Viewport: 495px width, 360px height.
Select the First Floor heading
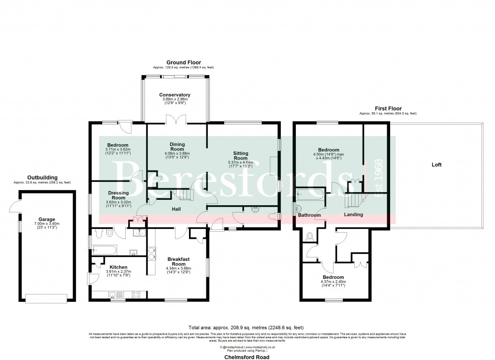388,108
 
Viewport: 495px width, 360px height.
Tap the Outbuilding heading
42,178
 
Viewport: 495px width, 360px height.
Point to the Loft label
437,165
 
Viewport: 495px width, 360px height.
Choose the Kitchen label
118,267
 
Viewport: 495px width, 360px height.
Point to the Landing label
353,214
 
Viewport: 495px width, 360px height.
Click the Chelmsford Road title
247,357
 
